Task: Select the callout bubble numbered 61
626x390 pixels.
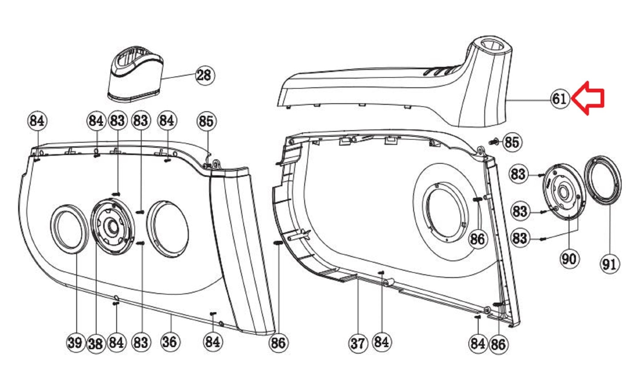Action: pos(560,99)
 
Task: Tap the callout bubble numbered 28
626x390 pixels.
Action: pos(205,75)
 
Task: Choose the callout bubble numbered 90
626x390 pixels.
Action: pos(569,259)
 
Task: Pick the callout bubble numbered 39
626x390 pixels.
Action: pos(76,342)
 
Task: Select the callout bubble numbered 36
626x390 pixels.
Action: pos(170,341)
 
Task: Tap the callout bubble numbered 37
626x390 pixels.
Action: pos(358,343)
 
